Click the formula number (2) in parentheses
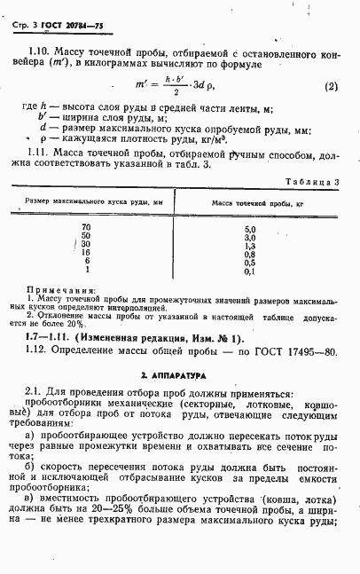(330, 87)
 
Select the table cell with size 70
(86, 228)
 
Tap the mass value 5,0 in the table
(250, 229)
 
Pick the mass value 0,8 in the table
(250, 254)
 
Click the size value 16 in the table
(86, 254)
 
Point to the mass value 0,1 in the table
(250, 271)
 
